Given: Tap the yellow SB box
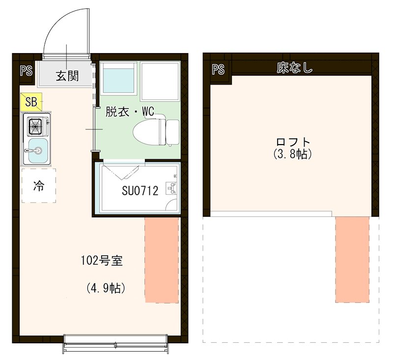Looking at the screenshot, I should (31, 102).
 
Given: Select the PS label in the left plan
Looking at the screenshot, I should (26, 70).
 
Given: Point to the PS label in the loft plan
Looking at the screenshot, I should (218, 69).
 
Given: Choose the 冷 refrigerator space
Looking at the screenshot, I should (38, 185).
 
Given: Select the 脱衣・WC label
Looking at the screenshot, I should (130, 112).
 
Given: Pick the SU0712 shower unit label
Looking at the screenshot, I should (140, 191).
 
